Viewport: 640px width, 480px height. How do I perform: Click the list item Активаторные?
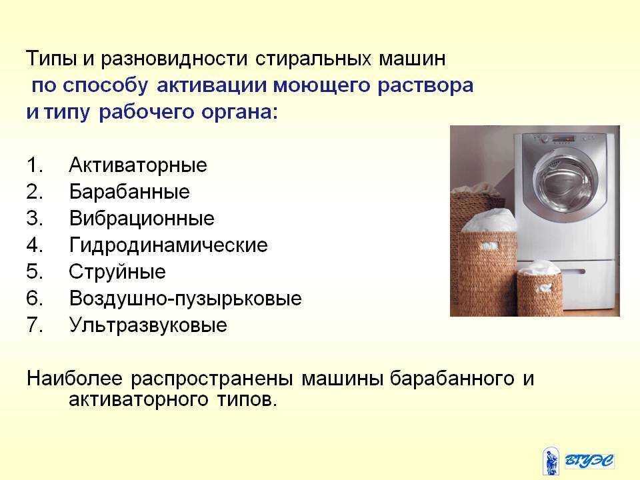coord(138,165)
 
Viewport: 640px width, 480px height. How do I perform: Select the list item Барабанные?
coord(129,192)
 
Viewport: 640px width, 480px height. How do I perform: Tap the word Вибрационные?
coord(141,219)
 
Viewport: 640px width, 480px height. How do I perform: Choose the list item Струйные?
coord(117,272)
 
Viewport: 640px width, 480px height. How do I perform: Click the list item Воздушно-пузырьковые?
coord(185,299)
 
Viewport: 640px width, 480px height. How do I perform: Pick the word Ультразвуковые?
coord(148,325)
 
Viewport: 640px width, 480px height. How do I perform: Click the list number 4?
coord(34,245)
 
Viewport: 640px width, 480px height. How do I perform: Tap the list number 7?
coord(34,325)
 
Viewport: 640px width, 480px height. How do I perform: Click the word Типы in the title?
coord(51,59)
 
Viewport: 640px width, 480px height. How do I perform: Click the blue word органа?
coord(239,112)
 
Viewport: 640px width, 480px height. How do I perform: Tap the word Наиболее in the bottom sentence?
coord(74,379)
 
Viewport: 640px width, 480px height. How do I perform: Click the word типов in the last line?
coord(247,400)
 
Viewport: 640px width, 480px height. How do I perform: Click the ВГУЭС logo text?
coord(589,461)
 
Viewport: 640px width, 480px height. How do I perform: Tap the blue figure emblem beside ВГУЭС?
coord(551,461)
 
